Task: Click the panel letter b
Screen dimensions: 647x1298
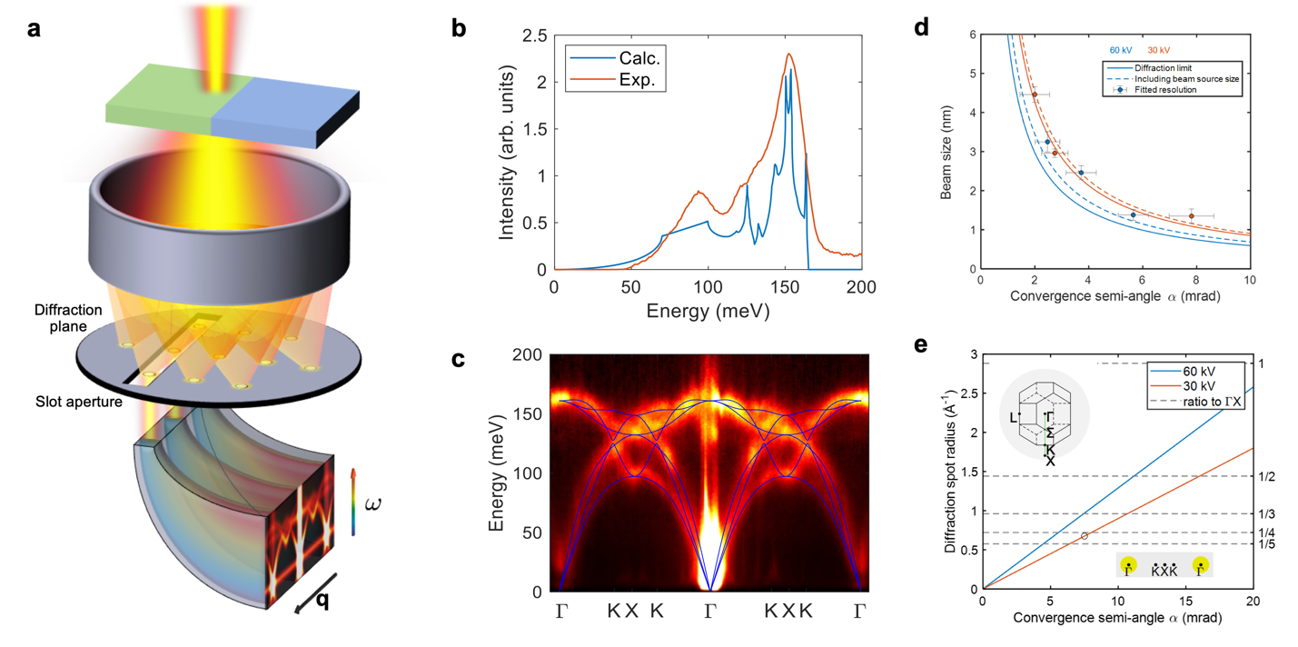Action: (460, 28)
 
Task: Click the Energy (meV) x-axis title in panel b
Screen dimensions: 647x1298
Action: (708, 312)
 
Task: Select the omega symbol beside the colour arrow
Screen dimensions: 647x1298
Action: (371, 502)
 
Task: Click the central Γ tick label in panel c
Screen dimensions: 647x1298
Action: (710, 612)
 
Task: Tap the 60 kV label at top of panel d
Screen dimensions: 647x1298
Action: (1120, 50)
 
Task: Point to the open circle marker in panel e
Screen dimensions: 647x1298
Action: (1084, 536)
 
